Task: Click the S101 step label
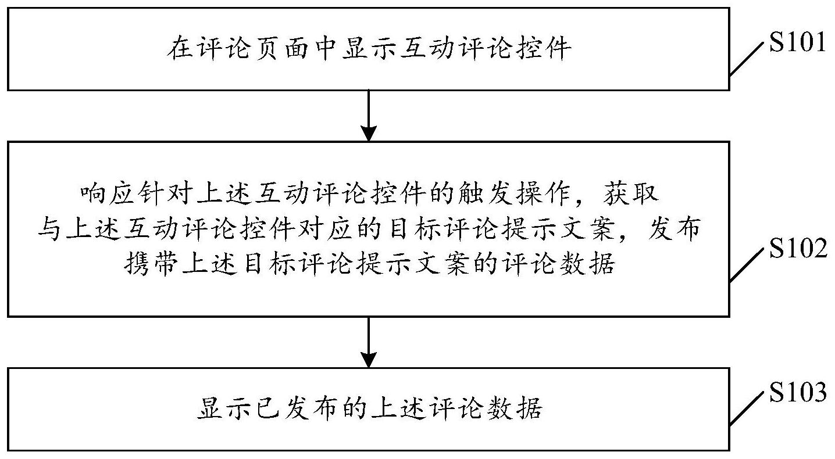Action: click(798, 42)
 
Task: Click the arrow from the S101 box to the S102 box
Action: click(368, 116)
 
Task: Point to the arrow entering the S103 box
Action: click(368, 342)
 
